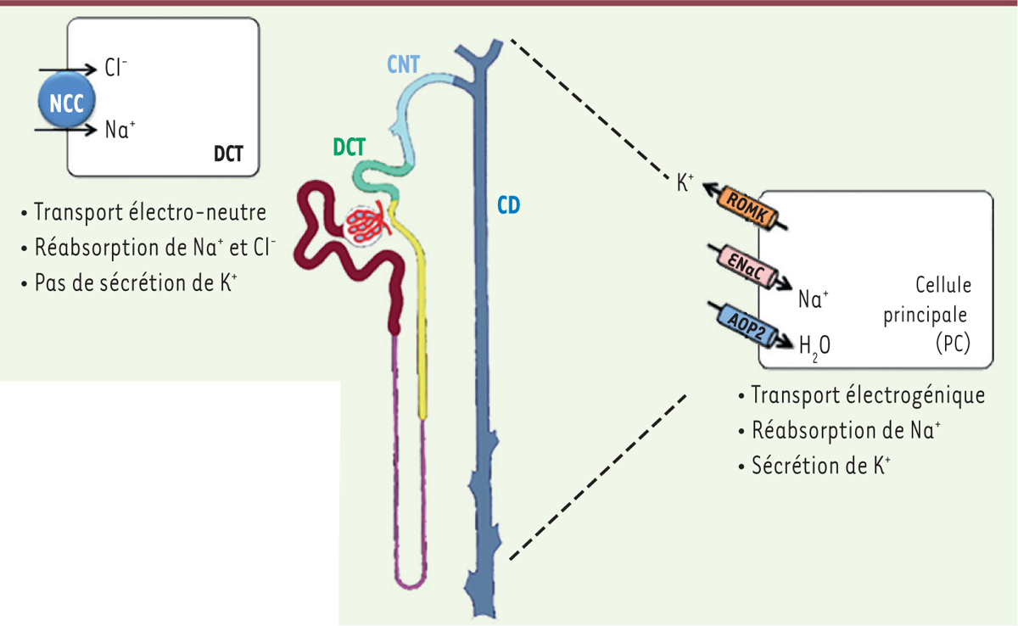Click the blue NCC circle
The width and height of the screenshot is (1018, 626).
[67, 101]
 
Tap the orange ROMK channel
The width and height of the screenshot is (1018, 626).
[747, 208]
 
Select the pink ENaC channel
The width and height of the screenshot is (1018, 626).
[746, 266]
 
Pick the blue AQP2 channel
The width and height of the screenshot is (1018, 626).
[747, 324]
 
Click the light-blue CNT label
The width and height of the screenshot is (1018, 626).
[403, 64]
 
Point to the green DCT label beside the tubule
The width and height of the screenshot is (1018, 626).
[349, 148]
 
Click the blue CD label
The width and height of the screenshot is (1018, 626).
[508, 205]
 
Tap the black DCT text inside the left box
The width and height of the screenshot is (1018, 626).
[228, 154]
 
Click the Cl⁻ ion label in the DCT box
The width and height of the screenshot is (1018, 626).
[115, 68]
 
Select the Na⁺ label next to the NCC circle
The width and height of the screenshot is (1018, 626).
[120, 130]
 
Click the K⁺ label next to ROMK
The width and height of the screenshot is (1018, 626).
[685, 182]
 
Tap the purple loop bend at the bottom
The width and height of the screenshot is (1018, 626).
[410, 583]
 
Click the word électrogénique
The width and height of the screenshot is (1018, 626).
[915, 395]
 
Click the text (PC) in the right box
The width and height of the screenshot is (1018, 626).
[953, 344]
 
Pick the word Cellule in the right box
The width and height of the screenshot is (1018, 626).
[943, 285]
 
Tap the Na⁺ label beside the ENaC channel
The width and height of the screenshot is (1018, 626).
[814, 299]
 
